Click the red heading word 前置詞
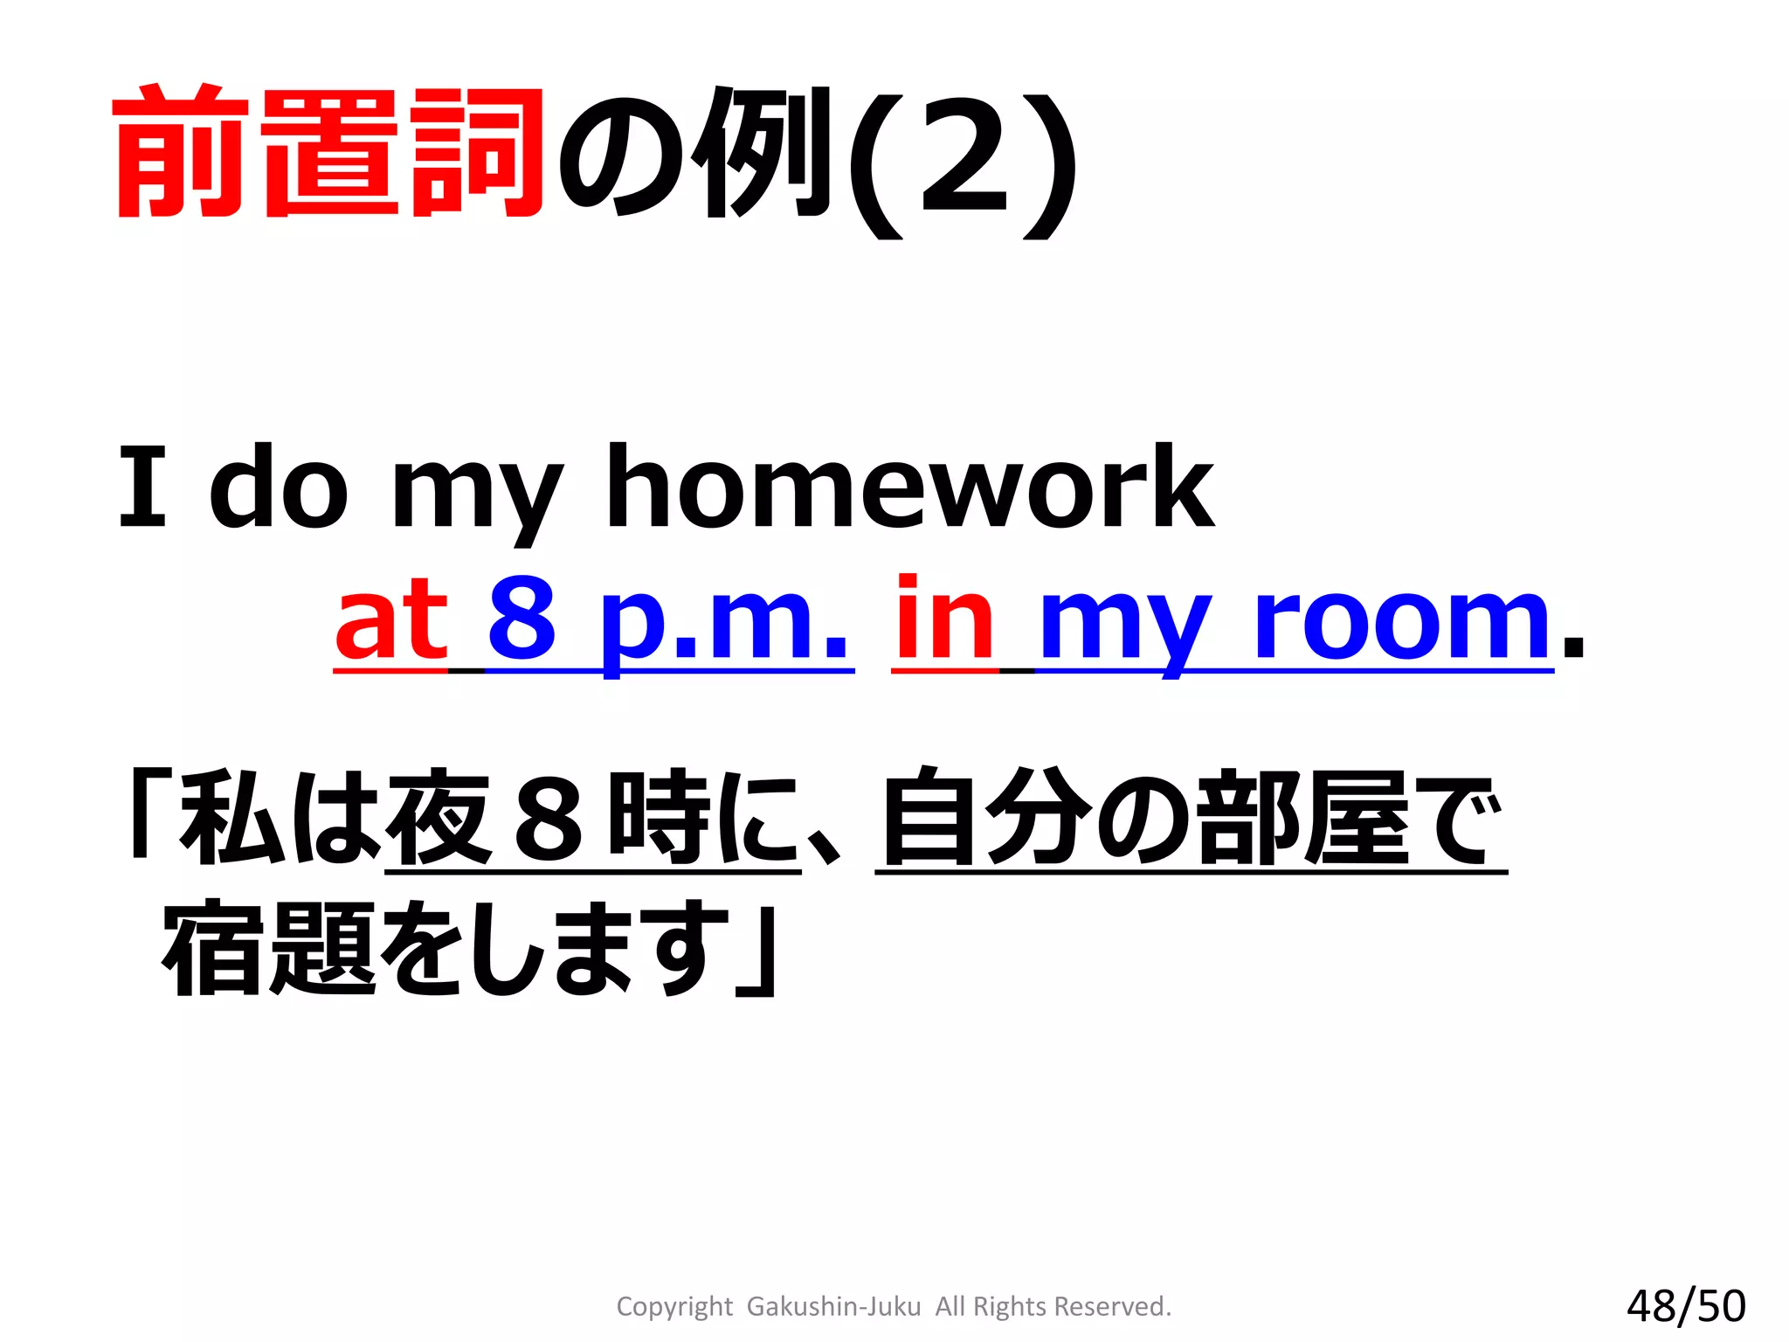pos(328,154)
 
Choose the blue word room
pos(1402,622)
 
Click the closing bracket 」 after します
pos(756,952)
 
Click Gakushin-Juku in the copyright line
pos(833,1306)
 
